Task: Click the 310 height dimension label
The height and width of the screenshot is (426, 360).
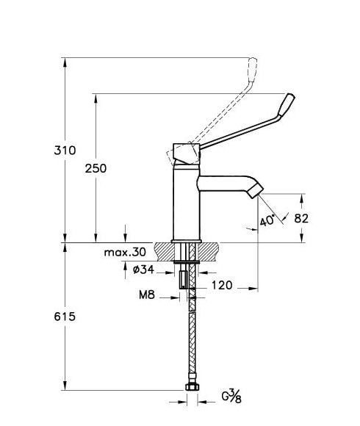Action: (65, 151)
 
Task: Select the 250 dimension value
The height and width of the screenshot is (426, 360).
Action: (96, 168)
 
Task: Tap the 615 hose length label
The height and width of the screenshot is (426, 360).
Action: (65, 317)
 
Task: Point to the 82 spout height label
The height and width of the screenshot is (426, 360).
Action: (301, 218)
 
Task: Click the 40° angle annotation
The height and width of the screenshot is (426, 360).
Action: (267, 220)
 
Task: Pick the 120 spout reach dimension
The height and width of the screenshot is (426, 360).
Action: (222, 285)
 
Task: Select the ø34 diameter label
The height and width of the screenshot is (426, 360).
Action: (143, 270)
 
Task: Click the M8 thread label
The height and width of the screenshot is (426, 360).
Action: (147, 295)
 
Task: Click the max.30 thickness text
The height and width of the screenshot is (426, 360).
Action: (125, 252)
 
